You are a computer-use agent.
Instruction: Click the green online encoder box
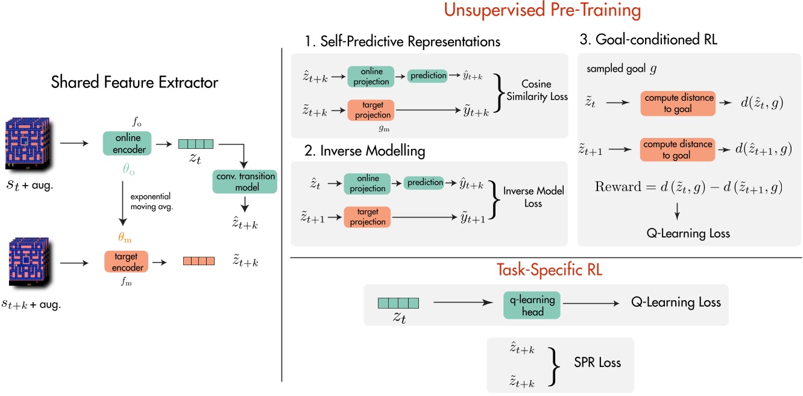pyautogui.click(x=125, y=144)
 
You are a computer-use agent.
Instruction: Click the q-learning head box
pyautogui.click(x=532, y=306)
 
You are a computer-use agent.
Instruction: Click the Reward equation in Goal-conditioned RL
pyautogui.click(x=688, y=187)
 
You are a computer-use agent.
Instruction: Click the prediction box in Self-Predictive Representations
pyautogui.click(x=427, y=75)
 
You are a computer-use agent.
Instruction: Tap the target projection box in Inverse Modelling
pyautogui.click(x=367, y=217)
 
